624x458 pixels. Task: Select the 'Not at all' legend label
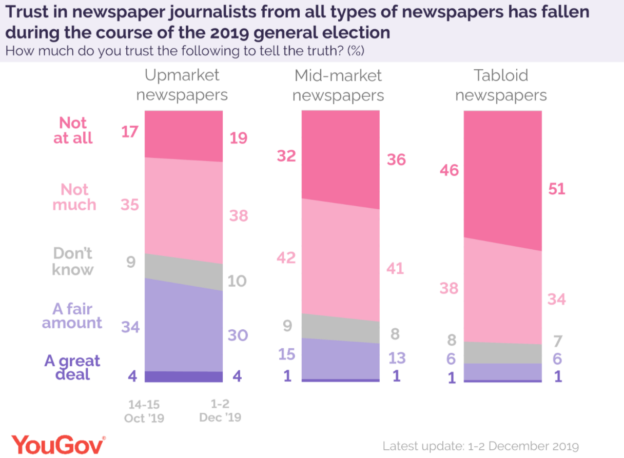pos(73,130)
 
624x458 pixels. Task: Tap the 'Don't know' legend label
pos(72,262)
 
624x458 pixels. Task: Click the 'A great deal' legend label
pos(72,367)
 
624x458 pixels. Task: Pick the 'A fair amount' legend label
pos(72,315)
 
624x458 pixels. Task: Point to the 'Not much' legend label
pos(75,197)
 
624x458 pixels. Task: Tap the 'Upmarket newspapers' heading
pos(182,85)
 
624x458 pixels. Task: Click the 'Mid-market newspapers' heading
pos(339,86)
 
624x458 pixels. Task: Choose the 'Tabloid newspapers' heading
pos(501,85)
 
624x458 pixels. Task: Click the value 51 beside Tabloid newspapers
pos(556,189)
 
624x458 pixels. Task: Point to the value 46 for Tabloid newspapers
pos(450,170)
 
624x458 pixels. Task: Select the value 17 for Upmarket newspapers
pos(130,132)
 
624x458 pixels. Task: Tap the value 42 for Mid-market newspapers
pos(287,257)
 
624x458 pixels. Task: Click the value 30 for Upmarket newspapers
pos(238,335)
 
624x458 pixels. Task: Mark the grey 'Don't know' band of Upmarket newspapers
pos(184,272)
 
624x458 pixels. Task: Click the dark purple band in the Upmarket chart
pos(184,376)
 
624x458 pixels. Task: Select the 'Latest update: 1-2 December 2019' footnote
pos(480,445)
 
